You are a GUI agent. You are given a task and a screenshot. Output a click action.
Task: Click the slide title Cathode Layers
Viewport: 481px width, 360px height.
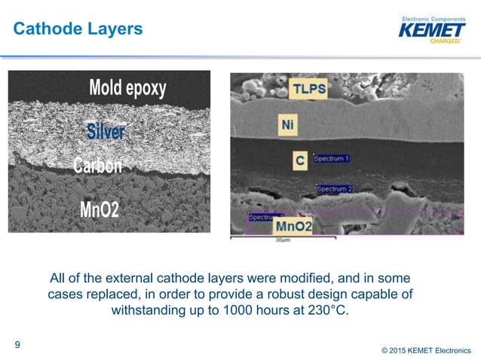click(x=78, y=29)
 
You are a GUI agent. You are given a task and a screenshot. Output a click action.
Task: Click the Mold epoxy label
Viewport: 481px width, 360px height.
click(x=127, y=88)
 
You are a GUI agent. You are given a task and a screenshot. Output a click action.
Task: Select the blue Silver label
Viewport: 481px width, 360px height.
click(x=105, y=133)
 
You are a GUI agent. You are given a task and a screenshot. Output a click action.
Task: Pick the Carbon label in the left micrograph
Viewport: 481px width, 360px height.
click(x=97, y=165)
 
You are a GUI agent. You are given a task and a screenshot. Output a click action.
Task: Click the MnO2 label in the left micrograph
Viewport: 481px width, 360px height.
click(x=99, y=209)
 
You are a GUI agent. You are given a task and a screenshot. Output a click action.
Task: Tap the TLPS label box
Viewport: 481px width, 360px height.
click(x=309, y=90)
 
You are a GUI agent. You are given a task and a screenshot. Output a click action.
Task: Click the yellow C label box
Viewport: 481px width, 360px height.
click(x=299, y=160)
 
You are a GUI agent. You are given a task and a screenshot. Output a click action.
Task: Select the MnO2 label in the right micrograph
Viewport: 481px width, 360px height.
click(x=295, y=225)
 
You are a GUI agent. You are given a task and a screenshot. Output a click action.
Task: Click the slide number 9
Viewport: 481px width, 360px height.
click(x=17, y=346)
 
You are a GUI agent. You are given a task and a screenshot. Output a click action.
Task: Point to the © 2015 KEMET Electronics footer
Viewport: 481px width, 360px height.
click(x=425, y=349)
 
